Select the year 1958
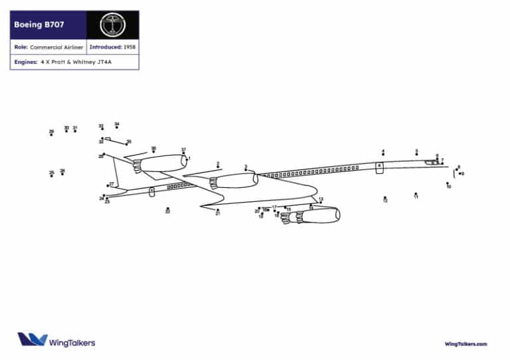(129, 48)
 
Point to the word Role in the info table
(20, 48)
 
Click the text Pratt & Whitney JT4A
(77, 62)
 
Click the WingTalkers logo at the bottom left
(56, 341)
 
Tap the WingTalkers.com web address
(466, 343)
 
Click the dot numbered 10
(448, 183)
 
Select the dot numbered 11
(416, 194)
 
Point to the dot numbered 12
(384, 197)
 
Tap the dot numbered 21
(218, 210)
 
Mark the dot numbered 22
(167, 209)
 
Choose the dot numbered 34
(117, 127)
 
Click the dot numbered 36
(153, 151)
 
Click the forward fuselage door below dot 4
(379, 167)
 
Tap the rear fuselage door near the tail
(152, 192)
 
